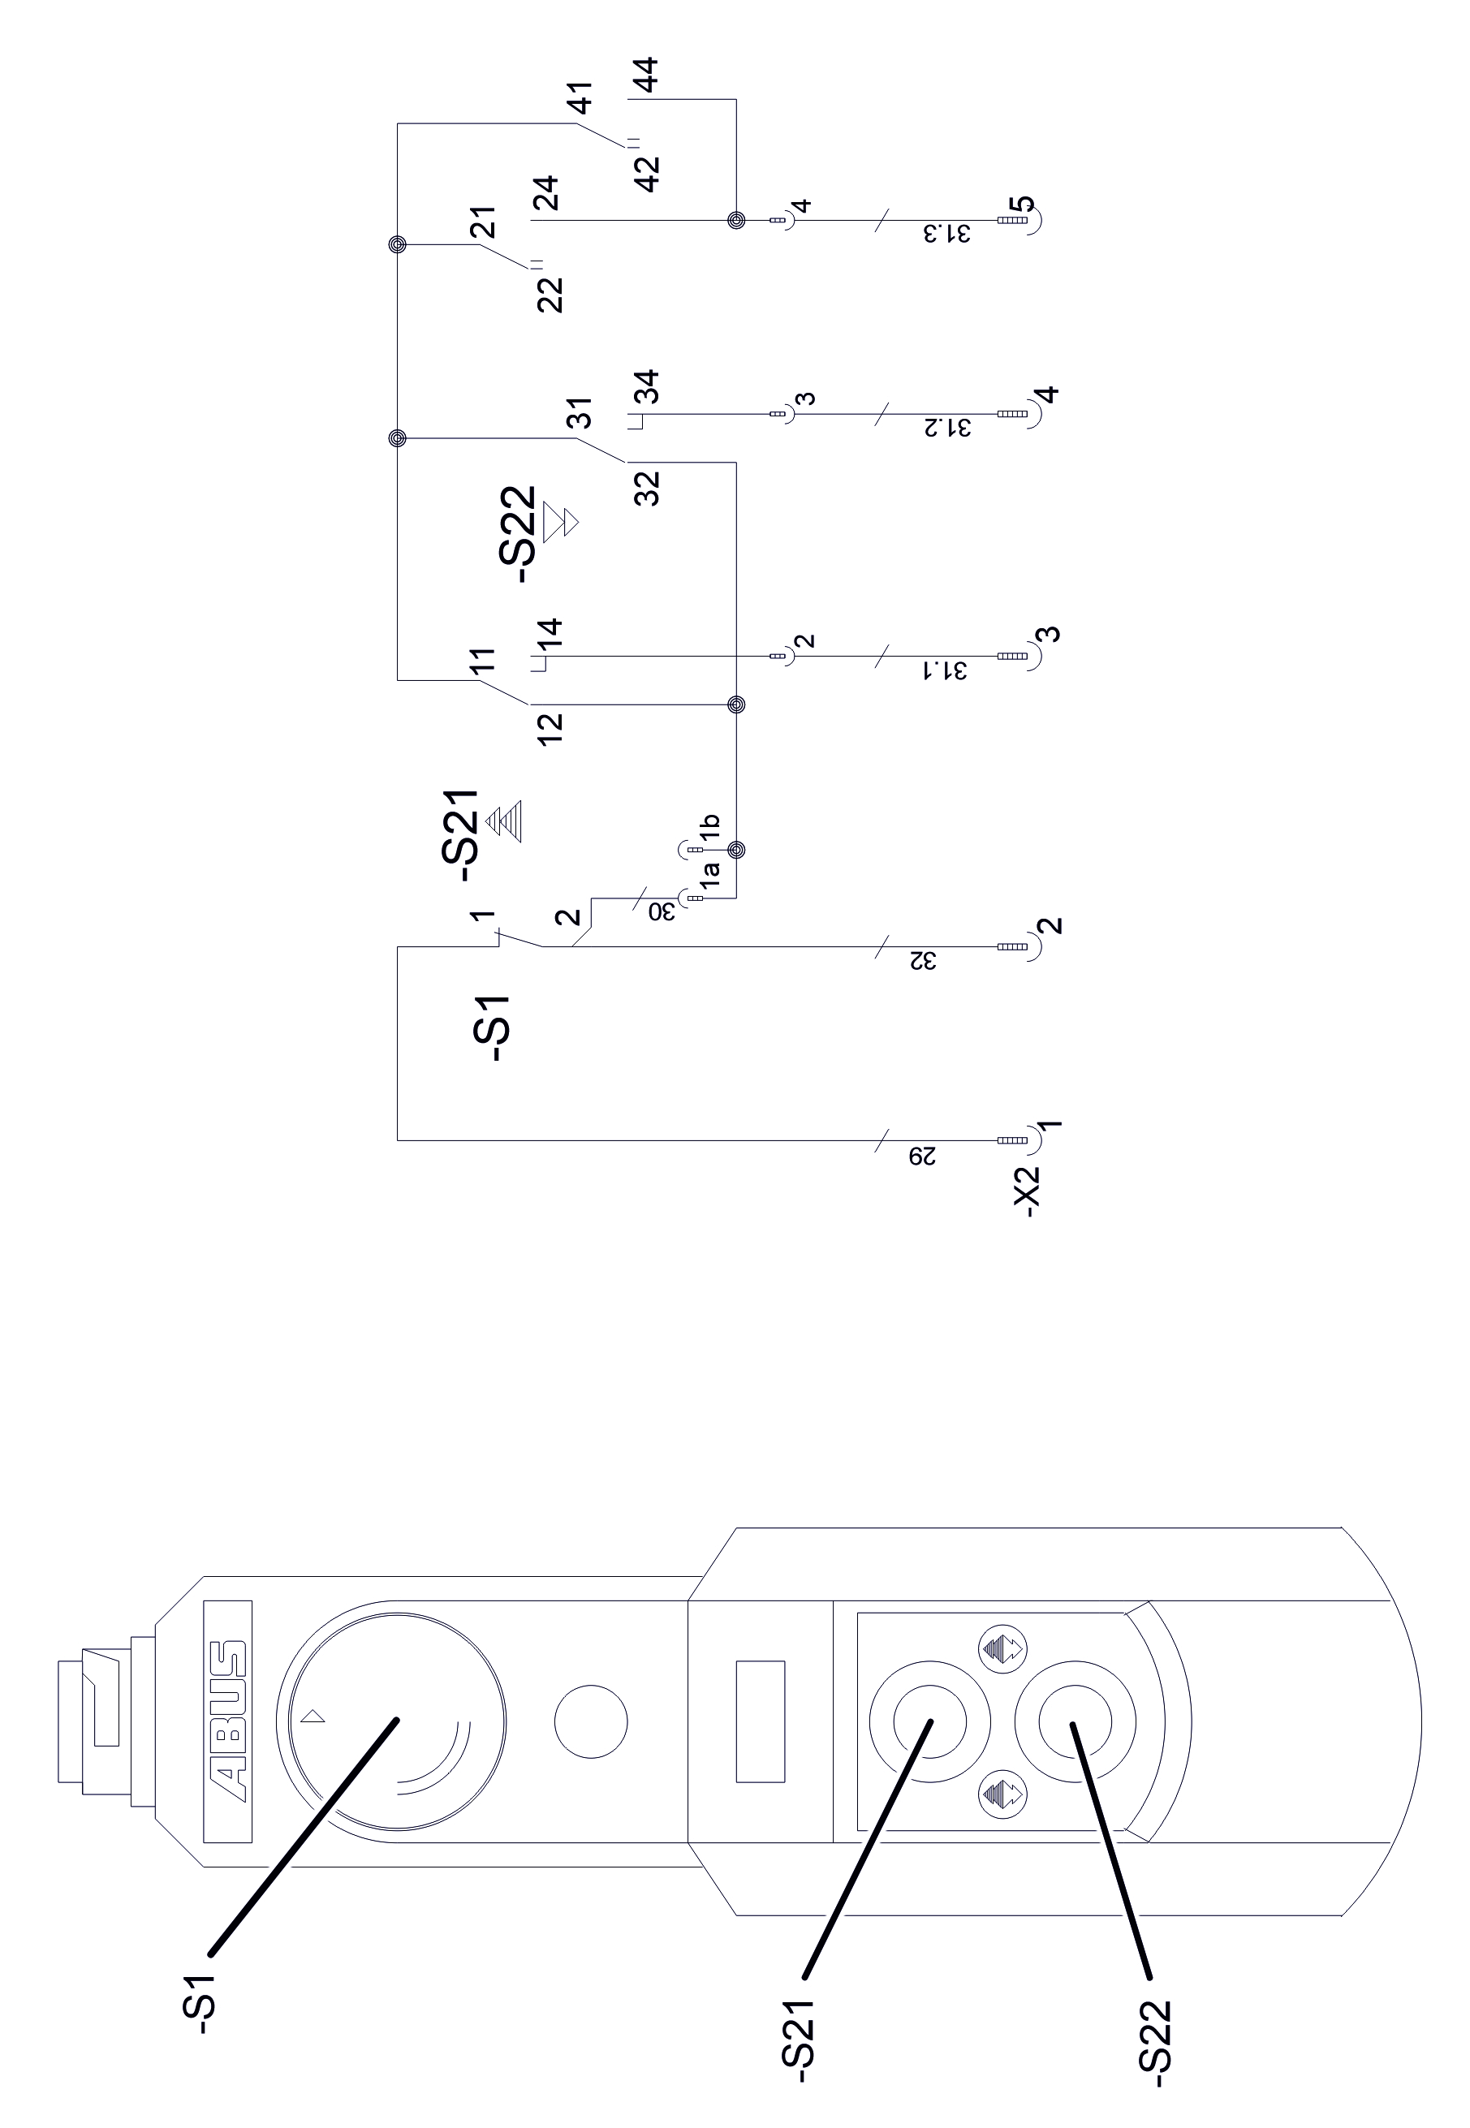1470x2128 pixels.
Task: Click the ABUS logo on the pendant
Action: [x=227, y=1721]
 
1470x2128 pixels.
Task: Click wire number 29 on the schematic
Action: [x=922, y=1156]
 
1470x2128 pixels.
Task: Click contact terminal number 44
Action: [x=647, y=75]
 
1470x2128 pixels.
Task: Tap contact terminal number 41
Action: [x=581, y=97]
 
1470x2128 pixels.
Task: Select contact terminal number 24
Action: [x=547, y=193]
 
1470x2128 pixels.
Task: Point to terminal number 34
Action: [x=649, y=387]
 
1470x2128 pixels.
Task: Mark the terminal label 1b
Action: [x=709, y=827]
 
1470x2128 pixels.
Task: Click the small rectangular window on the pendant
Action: [x=760, y=1721]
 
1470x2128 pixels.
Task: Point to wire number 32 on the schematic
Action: [x=922, y=961]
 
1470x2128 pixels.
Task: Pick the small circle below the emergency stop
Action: [x=591, y=1721]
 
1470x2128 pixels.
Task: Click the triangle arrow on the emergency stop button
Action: [x=313, y=1716]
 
